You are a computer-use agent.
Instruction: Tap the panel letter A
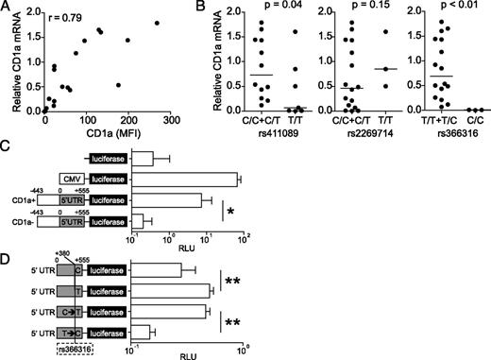click(7, 8)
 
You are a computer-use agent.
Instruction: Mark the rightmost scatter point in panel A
click(251, 24)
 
